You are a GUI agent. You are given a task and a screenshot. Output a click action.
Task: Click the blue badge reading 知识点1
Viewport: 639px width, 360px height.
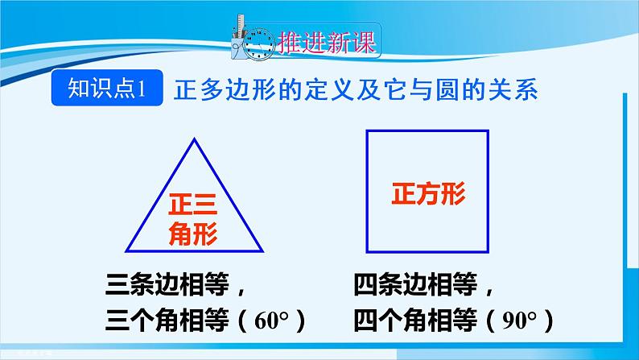pos(106,89)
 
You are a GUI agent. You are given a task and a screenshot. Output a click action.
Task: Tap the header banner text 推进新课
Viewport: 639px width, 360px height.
pos(325,43)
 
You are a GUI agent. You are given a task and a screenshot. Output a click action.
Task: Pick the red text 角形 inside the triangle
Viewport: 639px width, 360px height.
pos(193,234)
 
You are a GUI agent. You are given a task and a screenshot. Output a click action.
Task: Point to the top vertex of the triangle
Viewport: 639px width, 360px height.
pos(193,140)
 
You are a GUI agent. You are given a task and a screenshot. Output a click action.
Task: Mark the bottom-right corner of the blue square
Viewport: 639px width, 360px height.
pos(488,250)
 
